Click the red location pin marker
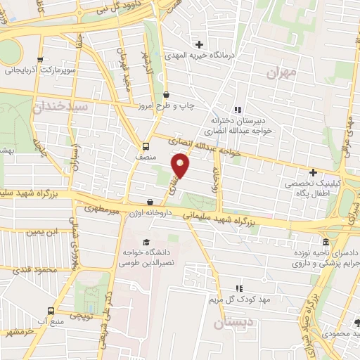[181, 166]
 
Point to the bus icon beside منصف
[146, 147]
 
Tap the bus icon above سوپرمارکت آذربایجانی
[40, 60]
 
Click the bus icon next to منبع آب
[50, 310]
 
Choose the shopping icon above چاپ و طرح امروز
[166, 94]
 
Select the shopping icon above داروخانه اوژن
[150, 202]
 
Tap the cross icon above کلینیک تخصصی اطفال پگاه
[314, 172]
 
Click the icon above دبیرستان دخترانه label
[238, 109]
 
